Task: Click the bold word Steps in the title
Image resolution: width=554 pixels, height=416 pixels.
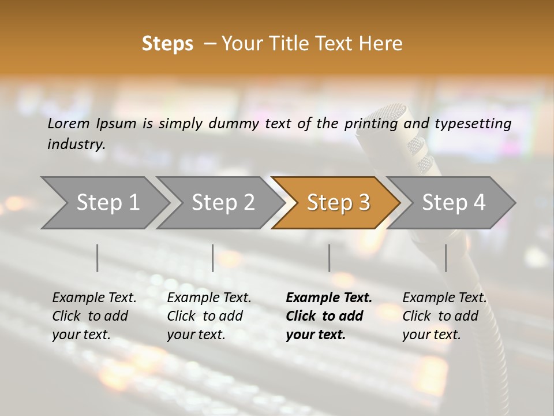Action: click(167, 44)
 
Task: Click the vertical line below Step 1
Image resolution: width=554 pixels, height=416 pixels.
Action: click(98, 258)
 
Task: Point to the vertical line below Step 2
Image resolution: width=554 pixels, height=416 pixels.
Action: click(213, 258)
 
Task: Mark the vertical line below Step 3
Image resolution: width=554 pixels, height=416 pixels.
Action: click(330, 258)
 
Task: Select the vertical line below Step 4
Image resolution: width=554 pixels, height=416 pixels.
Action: click(446, 258)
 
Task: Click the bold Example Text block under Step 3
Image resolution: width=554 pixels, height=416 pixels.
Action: click(329, 316)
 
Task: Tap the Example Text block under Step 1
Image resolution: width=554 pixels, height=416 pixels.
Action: click(94, 316)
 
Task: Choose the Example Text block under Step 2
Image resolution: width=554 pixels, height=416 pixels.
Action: click(209, 316)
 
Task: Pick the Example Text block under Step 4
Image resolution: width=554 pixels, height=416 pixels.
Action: click(444, 316)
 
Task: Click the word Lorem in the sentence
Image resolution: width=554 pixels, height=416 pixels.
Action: click(68, 124)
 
